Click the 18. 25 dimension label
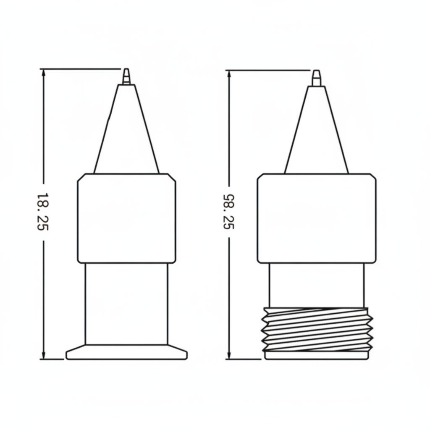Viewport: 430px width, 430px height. [43, 212]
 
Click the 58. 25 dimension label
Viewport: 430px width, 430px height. [228, 212]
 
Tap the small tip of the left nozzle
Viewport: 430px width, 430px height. [126, 76]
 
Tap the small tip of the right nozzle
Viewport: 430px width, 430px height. [317, 78]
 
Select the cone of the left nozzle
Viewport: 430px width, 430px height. [126, 129]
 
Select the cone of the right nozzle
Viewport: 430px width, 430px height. [317, 130]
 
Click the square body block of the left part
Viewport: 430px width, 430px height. [126, 218]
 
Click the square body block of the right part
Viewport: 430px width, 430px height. [317, 218]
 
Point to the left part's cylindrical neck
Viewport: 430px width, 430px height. [126, 304]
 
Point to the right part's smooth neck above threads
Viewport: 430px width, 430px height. [317, 285]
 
